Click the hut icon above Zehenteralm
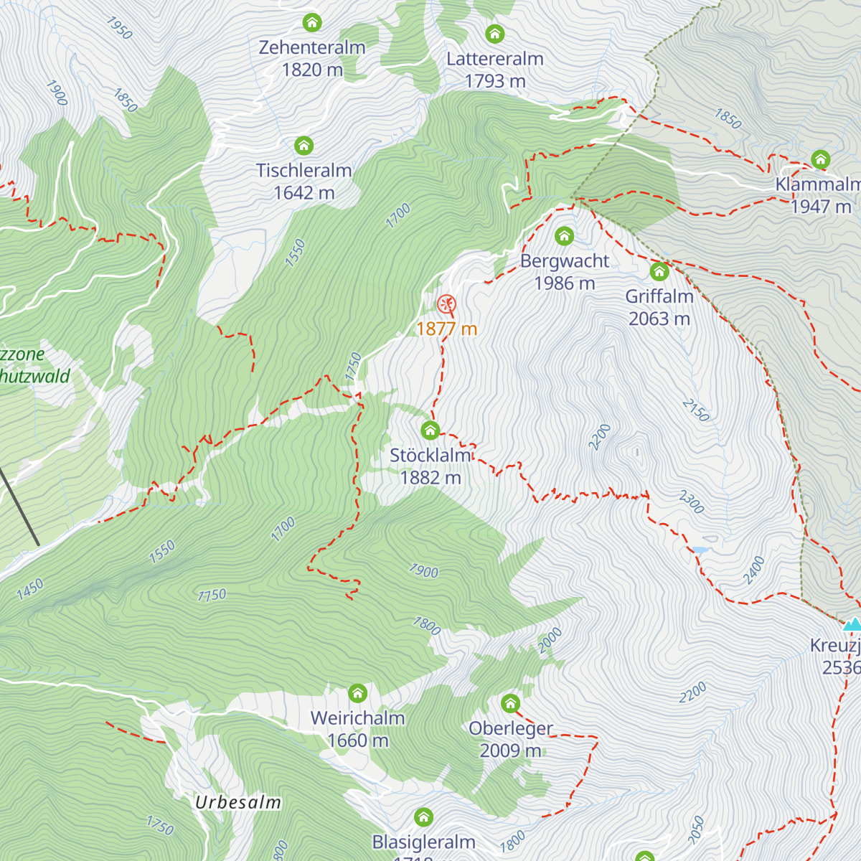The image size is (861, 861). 312,22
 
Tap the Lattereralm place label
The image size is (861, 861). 494,59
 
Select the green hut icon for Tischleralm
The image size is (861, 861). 304,146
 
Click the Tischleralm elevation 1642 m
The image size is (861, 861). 304,193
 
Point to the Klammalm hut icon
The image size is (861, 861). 821,159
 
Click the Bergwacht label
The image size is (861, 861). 565,261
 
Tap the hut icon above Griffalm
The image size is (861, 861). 659,271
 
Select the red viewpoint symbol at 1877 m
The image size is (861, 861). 446,304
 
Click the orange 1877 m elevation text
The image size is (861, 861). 446,329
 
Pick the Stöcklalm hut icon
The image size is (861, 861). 430,430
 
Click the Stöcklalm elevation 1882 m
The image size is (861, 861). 430,478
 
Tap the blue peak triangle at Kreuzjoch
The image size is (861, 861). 852,624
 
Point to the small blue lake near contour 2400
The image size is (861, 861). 700,550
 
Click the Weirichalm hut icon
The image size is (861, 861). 357,693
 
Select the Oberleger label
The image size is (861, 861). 511,728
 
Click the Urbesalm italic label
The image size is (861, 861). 238,802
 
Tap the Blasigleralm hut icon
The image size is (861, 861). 424,817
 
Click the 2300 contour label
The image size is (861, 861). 692,502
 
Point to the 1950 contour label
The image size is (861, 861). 119,28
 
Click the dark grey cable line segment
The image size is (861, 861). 19,508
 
